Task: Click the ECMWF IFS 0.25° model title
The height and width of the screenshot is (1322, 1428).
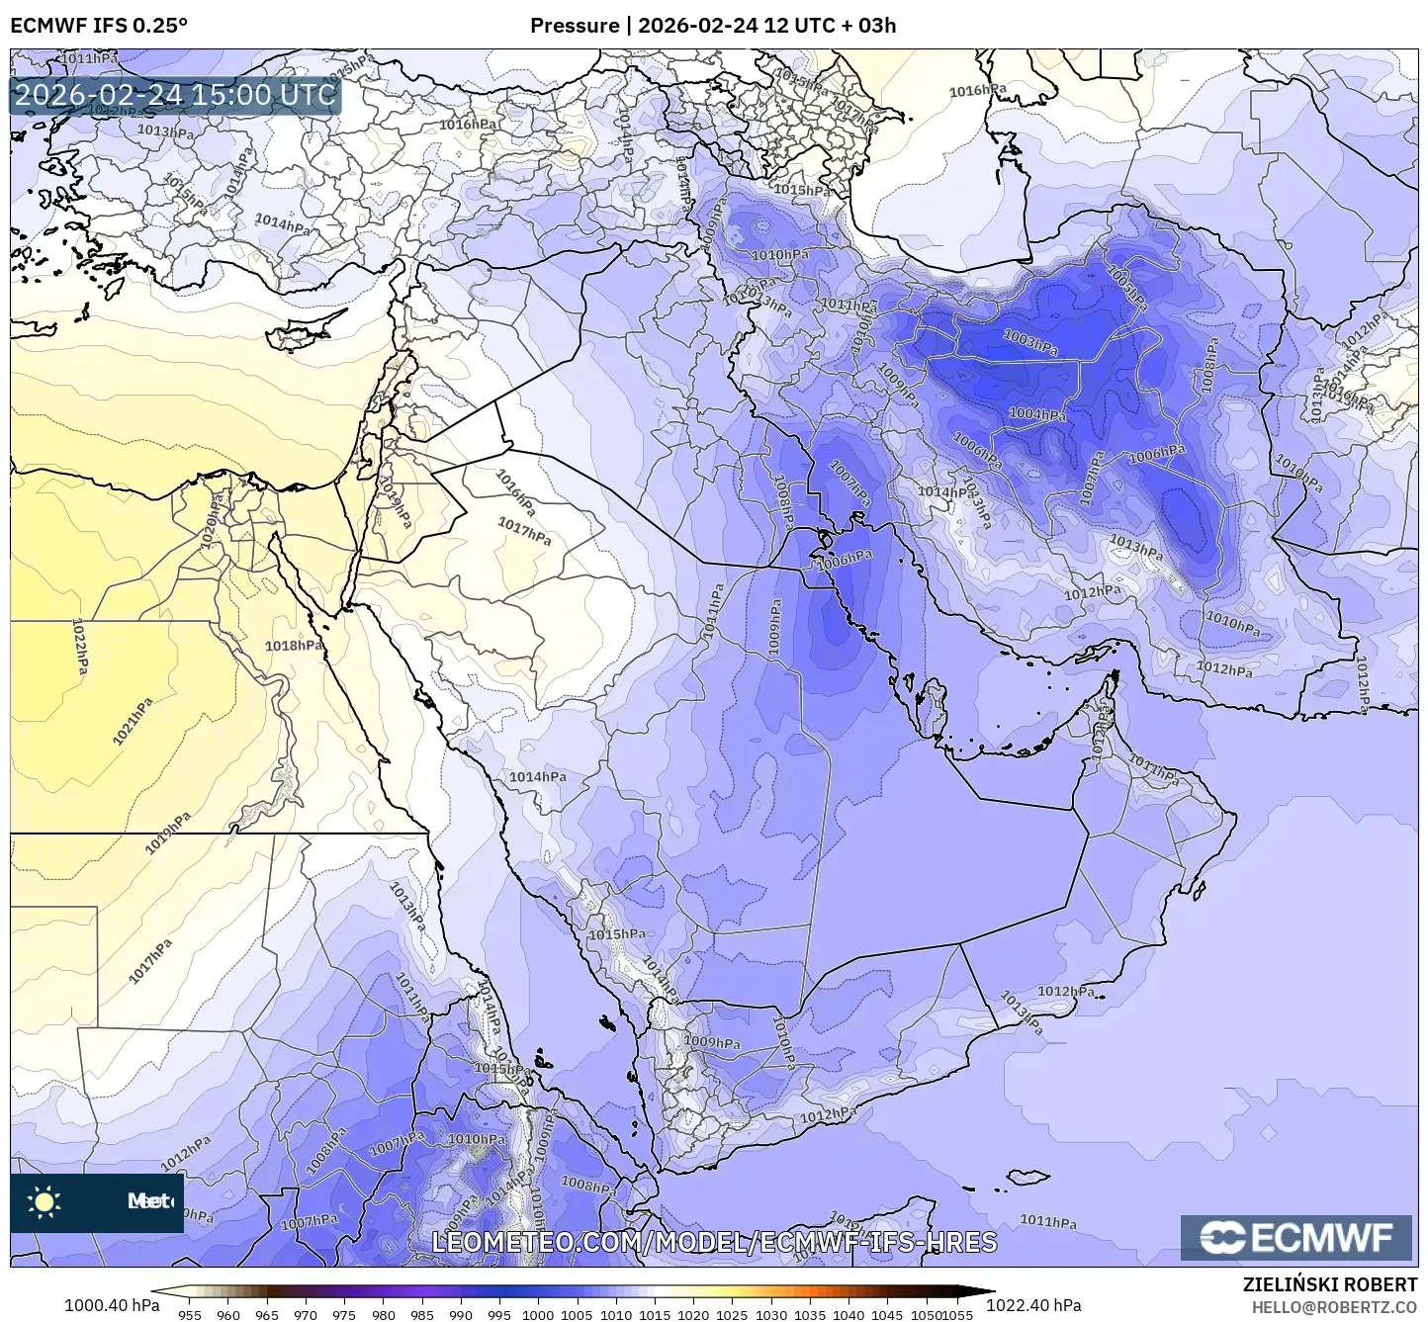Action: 98,26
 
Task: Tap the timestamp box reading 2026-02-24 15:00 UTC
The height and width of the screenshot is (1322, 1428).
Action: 175,95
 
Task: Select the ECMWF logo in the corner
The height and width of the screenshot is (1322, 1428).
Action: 1295,1238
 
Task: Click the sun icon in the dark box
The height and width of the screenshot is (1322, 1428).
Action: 45,1202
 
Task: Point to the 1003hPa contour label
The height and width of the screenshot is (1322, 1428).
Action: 1029,342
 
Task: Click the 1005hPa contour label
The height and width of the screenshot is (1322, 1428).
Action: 1126,285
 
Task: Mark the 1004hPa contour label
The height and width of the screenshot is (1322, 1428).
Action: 1036,414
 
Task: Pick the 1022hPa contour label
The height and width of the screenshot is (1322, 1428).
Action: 81,648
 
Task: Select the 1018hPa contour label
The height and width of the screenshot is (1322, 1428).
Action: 294,646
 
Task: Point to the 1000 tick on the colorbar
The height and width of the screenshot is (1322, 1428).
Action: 538,1314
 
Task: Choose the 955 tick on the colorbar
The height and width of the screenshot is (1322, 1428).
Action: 189,1314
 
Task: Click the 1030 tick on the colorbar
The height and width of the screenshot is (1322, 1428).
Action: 771,1314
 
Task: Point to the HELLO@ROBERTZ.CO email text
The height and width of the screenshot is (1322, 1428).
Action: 1334,1306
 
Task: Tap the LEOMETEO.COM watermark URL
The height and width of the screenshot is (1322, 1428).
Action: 714,1242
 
